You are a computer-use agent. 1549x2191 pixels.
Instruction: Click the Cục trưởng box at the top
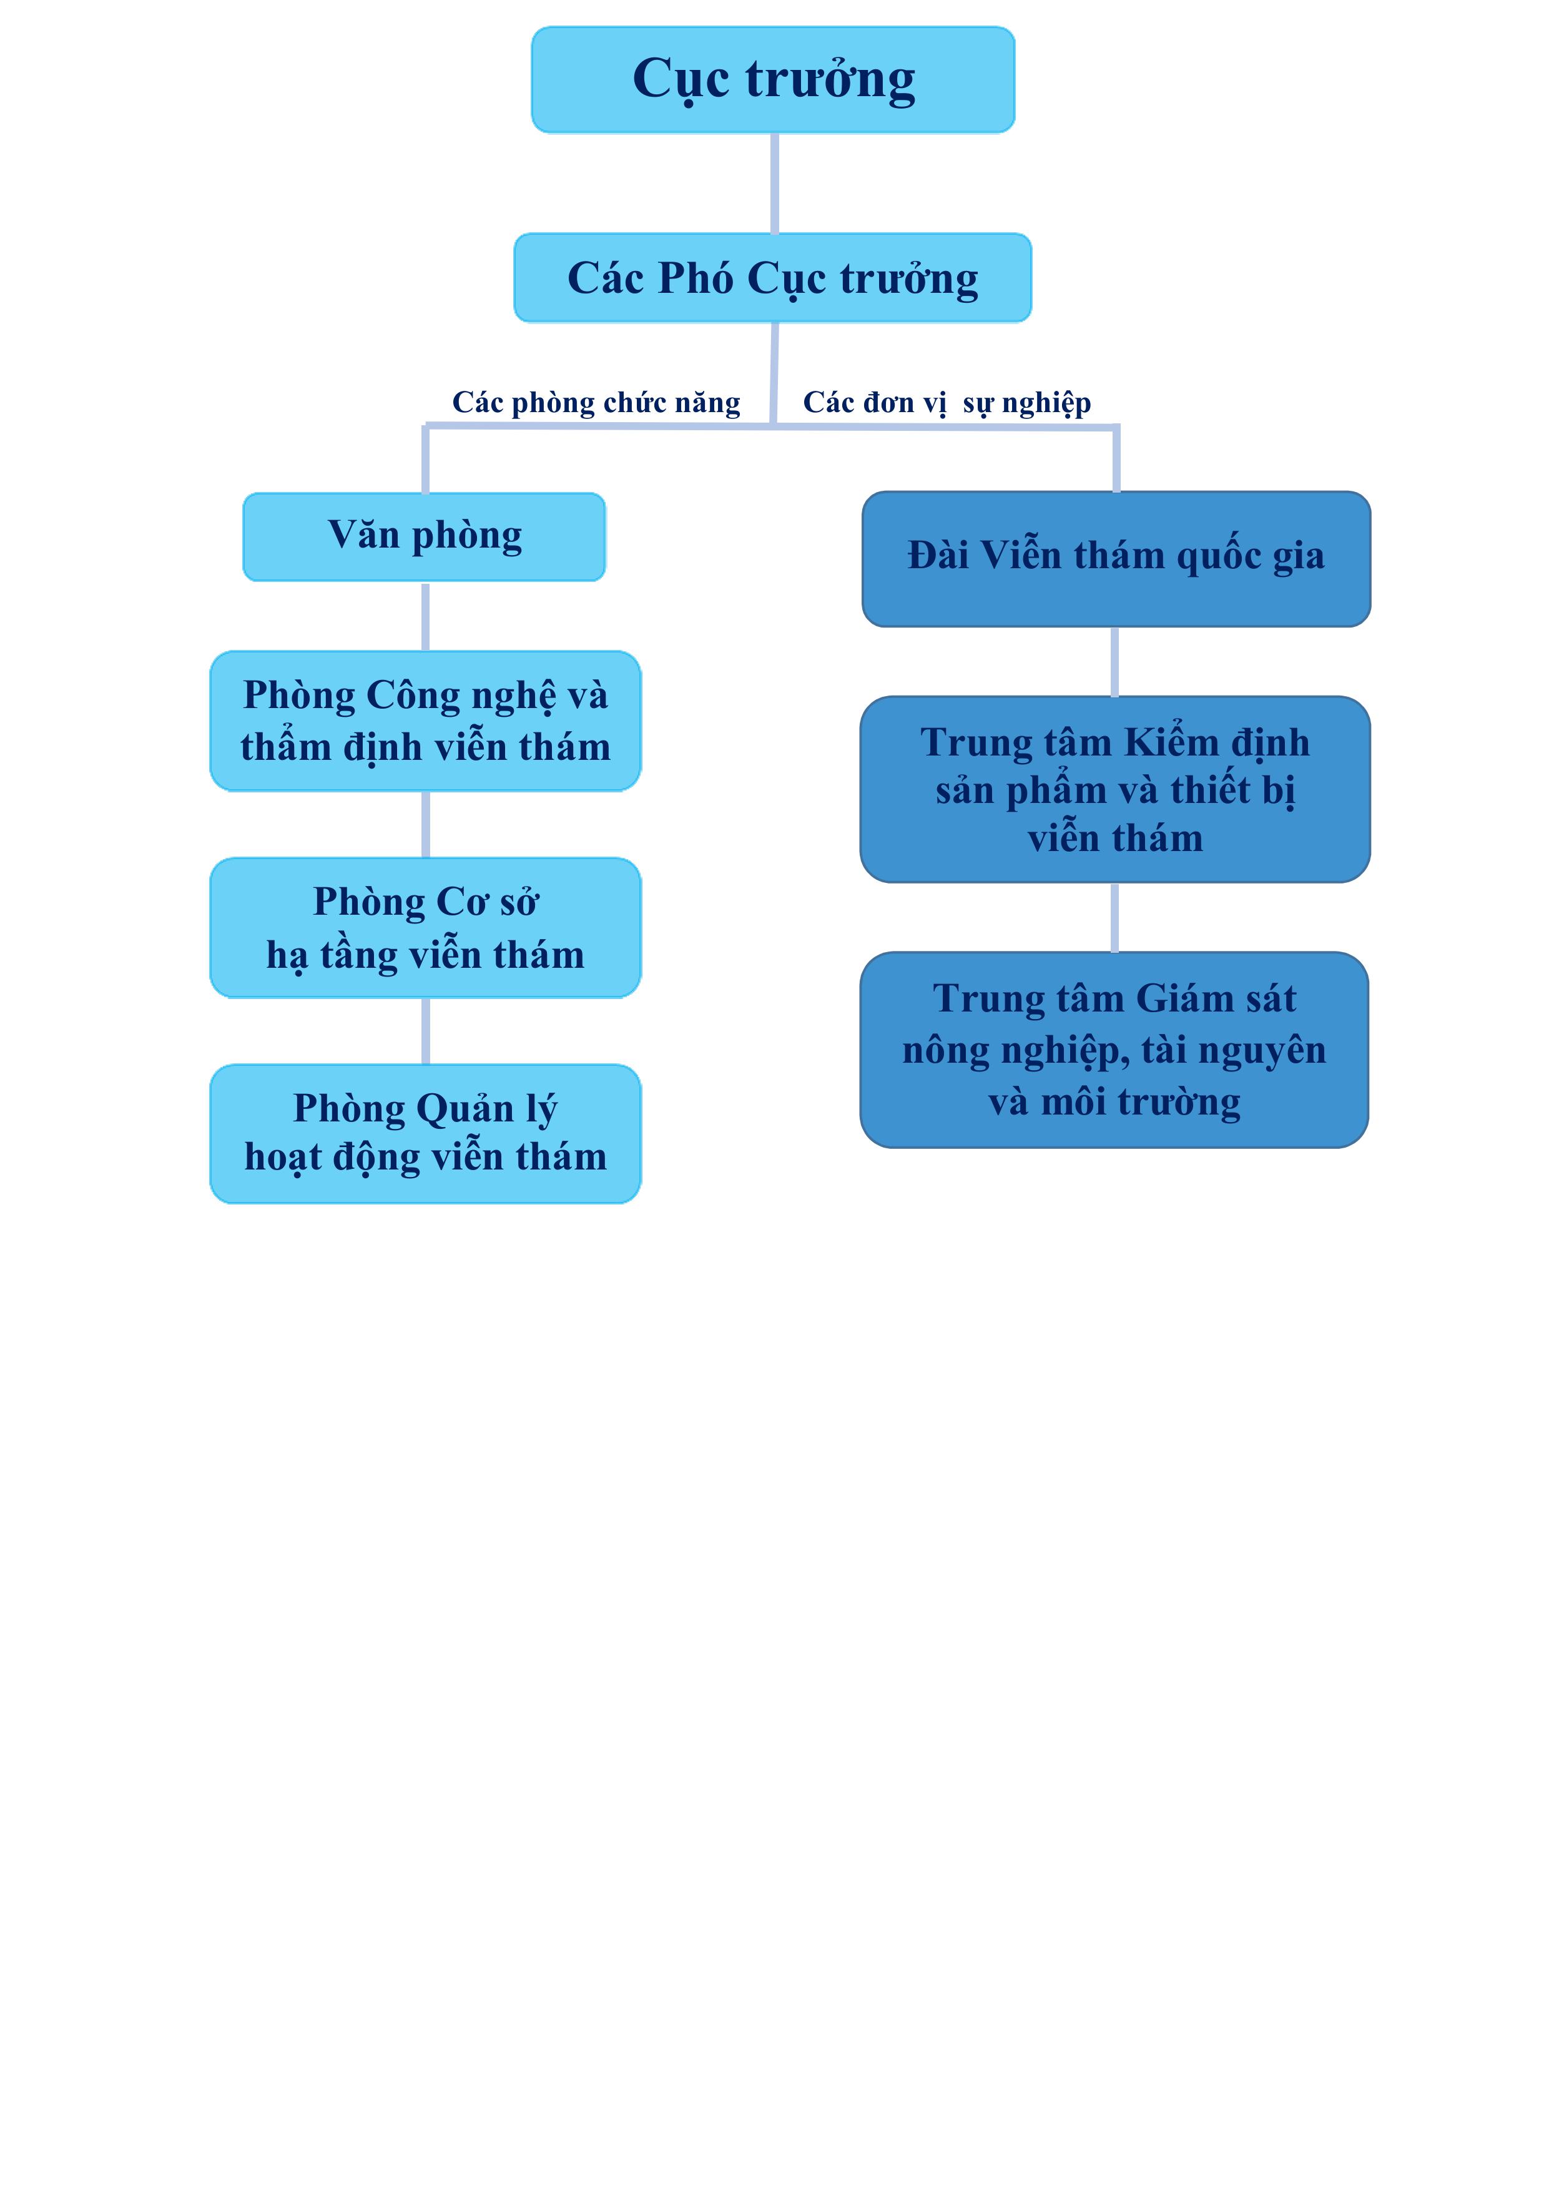pos(773,79)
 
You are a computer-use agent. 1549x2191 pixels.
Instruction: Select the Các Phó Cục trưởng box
pos(773,278)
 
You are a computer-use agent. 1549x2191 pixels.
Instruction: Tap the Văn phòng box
pos(425,536)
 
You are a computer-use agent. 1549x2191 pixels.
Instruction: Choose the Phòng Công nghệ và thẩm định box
pos(426,721)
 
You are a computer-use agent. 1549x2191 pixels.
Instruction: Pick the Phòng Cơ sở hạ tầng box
pos(426,928)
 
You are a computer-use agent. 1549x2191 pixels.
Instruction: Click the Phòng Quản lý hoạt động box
pos(426,1134)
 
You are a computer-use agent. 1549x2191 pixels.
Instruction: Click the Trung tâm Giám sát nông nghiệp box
pos(1114,1050)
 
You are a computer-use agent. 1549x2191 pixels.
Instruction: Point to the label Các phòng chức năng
pos(596,403)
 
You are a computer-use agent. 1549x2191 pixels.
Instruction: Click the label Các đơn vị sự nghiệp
pos(947,403)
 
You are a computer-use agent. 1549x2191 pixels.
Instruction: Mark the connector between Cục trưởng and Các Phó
pos(774,183)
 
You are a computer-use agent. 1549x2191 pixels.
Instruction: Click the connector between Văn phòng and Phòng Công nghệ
pos(426,616)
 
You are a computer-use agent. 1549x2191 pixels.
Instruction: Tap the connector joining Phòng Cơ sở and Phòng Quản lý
pos(426,1031)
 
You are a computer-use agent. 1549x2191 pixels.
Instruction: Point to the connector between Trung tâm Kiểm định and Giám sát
pos(1114,917)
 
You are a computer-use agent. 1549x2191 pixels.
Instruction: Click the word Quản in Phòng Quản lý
pos(465,1110)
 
